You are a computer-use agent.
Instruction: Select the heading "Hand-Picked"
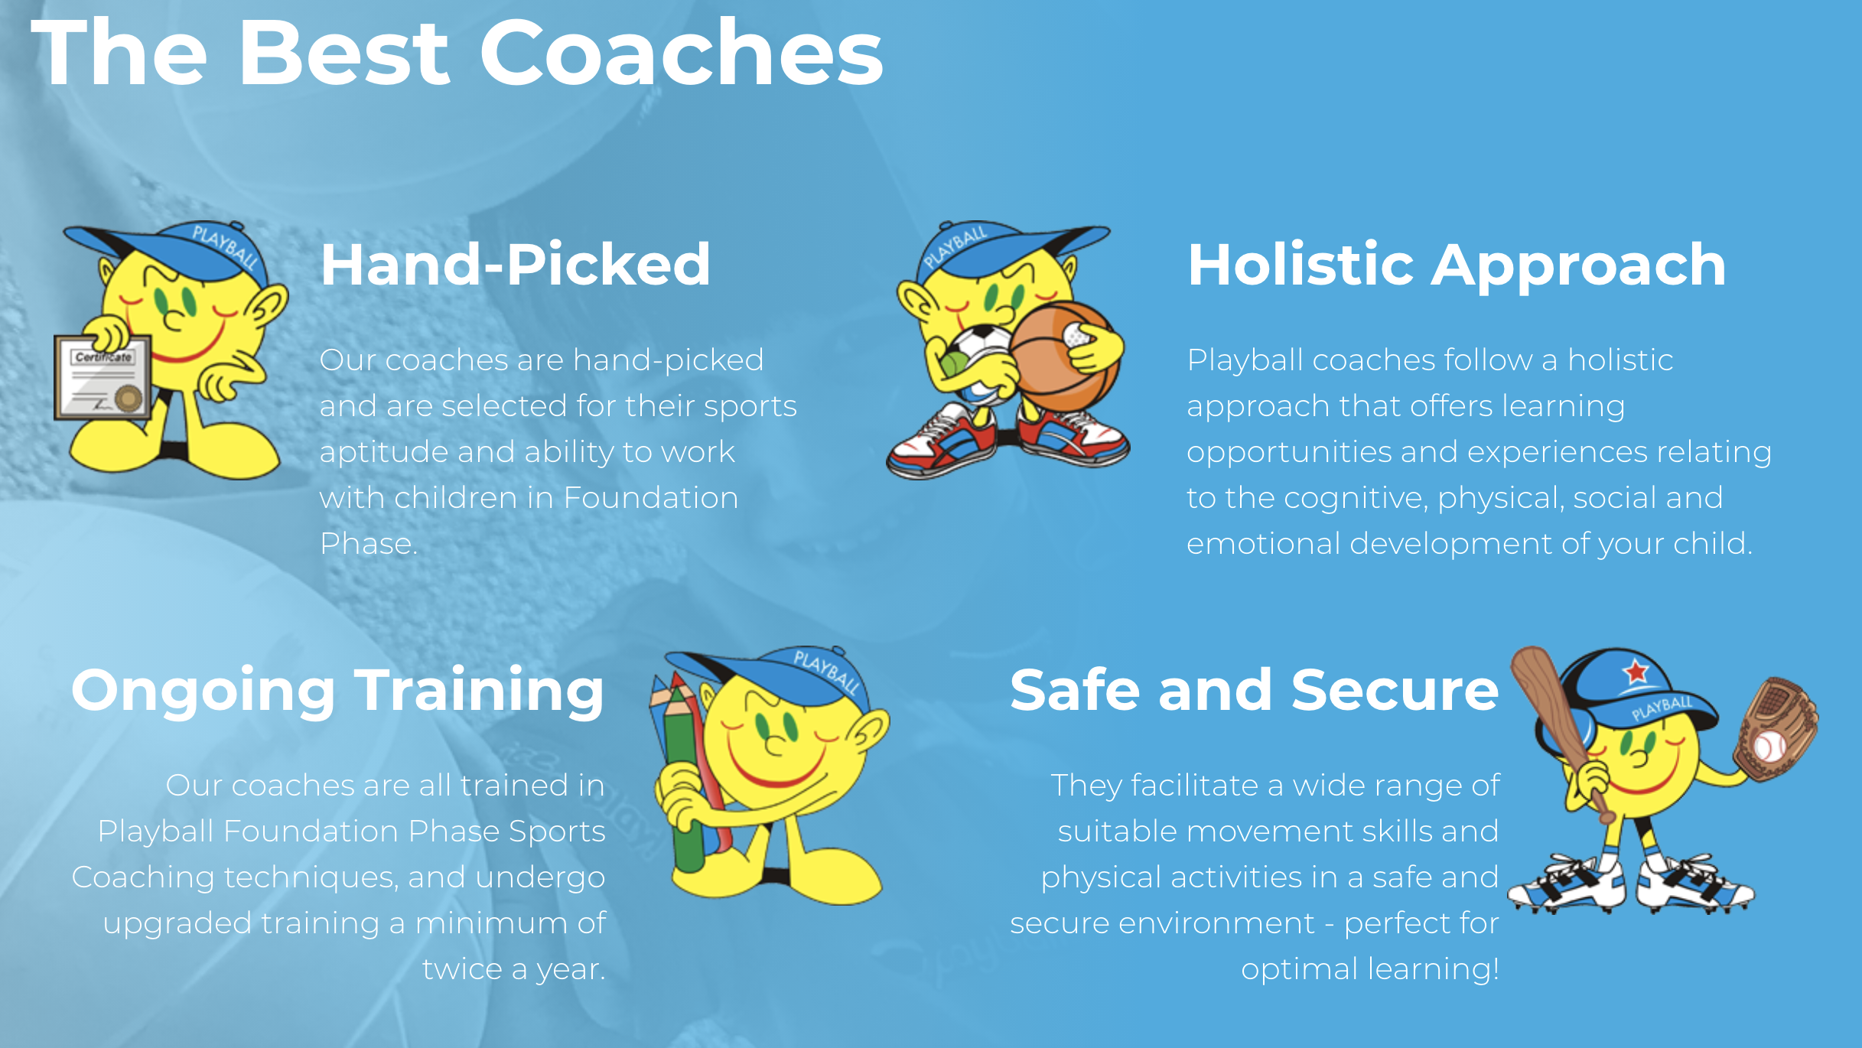tap(515, 264)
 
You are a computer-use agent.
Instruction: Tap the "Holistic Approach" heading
tap(1457, 265)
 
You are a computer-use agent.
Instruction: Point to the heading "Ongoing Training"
tap(337, 691)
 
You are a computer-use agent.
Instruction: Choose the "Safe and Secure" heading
tap(1254, 689)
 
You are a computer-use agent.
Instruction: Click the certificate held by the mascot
tap(103, 377)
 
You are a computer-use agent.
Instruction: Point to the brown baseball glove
tap(1775, 727)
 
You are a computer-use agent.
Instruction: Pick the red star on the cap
tap(1636, 672)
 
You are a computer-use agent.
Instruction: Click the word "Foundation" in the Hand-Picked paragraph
tap(651, 498)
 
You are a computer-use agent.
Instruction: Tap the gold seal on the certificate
tap(129, 398)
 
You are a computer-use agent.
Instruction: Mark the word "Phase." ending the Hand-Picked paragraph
tap(369, 544)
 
